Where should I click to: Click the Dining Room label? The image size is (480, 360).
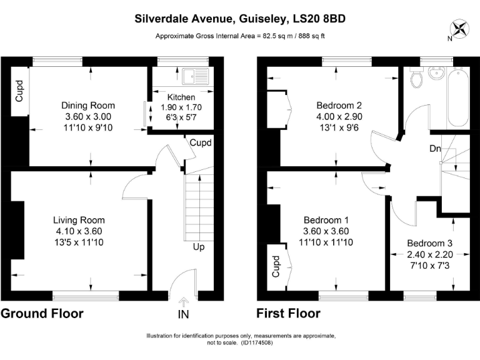pos(87,106)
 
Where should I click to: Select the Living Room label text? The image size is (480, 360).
pos(79,220)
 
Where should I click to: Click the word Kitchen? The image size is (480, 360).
pos(181,97)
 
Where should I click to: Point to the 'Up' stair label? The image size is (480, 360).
pos(199,247)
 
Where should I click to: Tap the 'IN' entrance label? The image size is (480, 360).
pos(184,313)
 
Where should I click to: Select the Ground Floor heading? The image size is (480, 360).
pos(42,313)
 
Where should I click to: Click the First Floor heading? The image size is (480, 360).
pos(288,313)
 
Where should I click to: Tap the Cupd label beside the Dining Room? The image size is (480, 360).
pos(19,91)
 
